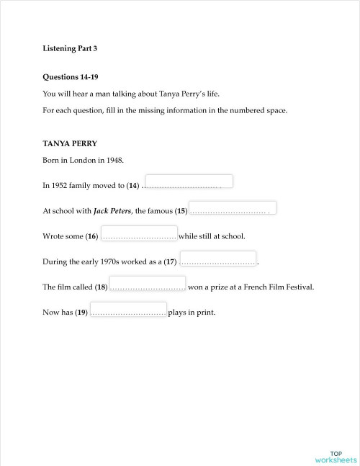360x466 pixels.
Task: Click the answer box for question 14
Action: click(189, 181)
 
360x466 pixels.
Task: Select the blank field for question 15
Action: click(233, 207)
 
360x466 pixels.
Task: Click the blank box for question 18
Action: click(148, 282)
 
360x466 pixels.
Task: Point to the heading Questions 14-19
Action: click(73, 76)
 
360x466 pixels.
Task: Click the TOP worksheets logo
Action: click(335, 455)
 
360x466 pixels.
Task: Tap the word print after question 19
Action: click(205, 313)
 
